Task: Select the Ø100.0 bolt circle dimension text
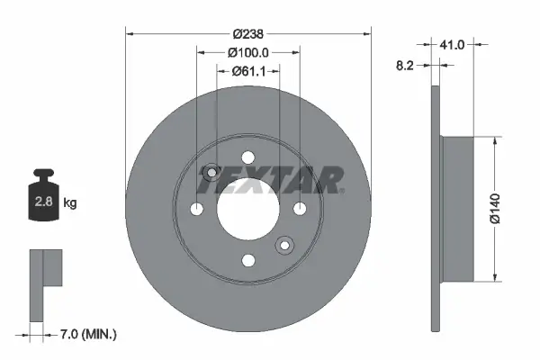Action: click(248, 52)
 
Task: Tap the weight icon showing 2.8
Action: click(43, 200)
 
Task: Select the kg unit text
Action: click(69, 203)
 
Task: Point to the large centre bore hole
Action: click(247, 209)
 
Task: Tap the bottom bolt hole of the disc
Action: click(247, 260)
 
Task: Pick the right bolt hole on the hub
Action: click(299, 209)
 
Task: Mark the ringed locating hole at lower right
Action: click(284, 245)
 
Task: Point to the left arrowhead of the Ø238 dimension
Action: click(129, 33)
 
